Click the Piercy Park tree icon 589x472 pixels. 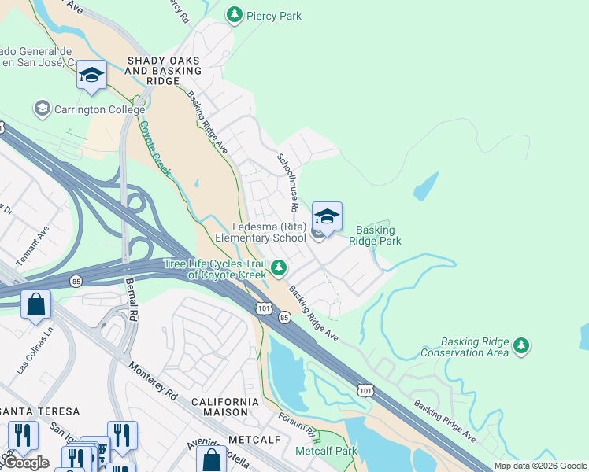pyautogui.click(x=234, y=15)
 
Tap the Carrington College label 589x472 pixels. pyautogui.click(x=99, y=109)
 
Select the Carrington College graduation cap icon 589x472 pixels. pyautogui.click(x=42, y=109)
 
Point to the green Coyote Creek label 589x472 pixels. pyautogui.click(x=156, y=144)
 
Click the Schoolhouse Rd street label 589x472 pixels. pyautogui.click(x=286, y=182)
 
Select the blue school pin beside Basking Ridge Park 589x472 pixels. pyautogui.click(x=327, y=216)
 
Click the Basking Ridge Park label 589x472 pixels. pyautogui.click(x=376, y=235)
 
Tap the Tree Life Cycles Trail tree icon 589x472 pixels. pyautogui.click(x=278, y=269)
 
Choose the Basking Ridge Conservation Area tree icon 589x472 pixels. pyautogui.click(x=520, y=345)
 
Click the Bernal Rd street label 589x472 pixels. pyautogui.click(x=132, y=291)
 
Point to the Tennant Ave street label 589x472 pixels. pyautogui.click(x=32, y=245)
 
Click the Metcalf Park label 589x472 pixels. pyautogui.click(x=326, y=451)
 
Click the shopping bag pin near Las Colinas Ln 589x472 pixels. pyautogui.click(x=36, y=304)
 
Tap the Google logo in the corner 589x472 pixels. pyautogui.click(x=26, y=463)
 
